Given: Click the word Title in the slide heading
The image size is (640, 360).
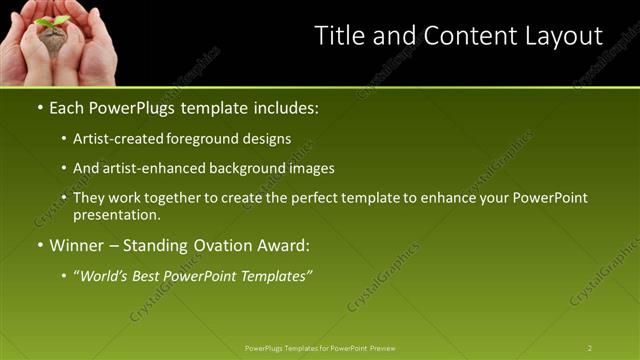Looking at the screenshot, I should (337, 36).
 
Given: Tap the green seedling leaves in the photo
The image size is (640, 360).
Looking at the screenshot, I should (52, 20).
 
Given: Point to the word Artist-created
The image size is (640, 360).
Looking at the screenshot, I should (114, 139).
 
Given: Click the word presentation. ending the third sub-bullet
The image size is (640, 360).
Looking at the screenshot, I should (116, 215).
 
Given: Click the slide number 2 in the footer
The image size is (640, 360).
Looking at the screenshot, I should (590, 348).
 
